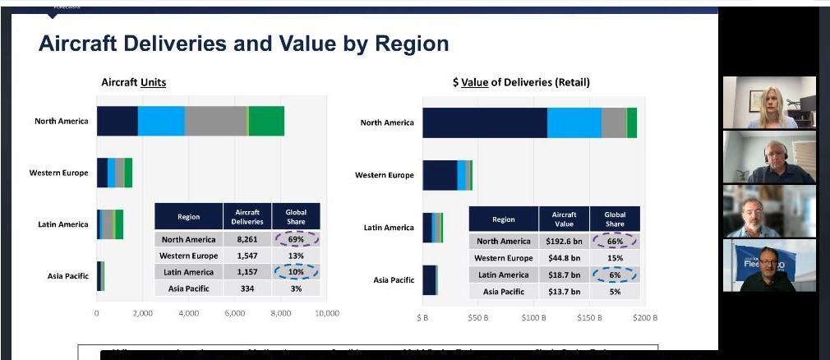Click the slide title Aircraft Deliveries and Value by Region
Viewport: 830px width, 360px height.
click(243, 44)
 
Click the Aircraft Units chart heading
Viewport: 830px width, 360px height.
click(133, 82)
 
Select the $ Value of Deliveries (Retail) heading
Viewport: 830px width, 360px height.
click(520, 82)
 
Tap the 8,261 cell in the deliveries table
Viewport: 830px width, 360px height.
click(247, 239)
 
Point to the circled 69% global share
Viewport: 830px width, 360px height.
click(296, 239)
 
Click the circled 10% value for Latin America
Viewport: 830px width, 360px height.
click(296, 272)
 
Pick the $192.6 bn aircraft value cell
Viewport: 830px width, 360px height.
click(564, 241)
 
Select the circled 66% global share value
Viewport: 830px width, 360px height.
click(615, 241)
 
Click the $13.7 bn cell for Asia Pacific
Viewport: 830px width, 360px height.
click(564, 292)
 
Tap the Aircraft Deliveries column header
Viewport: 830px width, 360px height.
click(247, 216)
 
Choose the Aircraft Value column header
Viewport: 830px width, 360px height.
click(564, 219)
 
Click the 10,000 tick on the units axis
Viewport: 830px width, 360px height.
click(326, 313)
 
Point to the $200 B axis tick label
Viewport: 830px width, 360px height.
click(645, 316)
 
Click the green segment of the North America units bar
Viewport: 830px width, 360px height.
click(266, 121)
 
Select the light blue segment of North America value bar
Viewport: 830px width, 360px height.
click(574, 122)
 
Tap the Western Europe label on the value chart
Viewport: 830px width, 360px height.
click(385, 175)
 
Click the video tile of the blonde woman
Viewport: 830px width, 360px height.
click(769, 102)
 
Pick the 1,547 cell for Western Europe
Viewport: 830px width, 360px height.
click(247, 256)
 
